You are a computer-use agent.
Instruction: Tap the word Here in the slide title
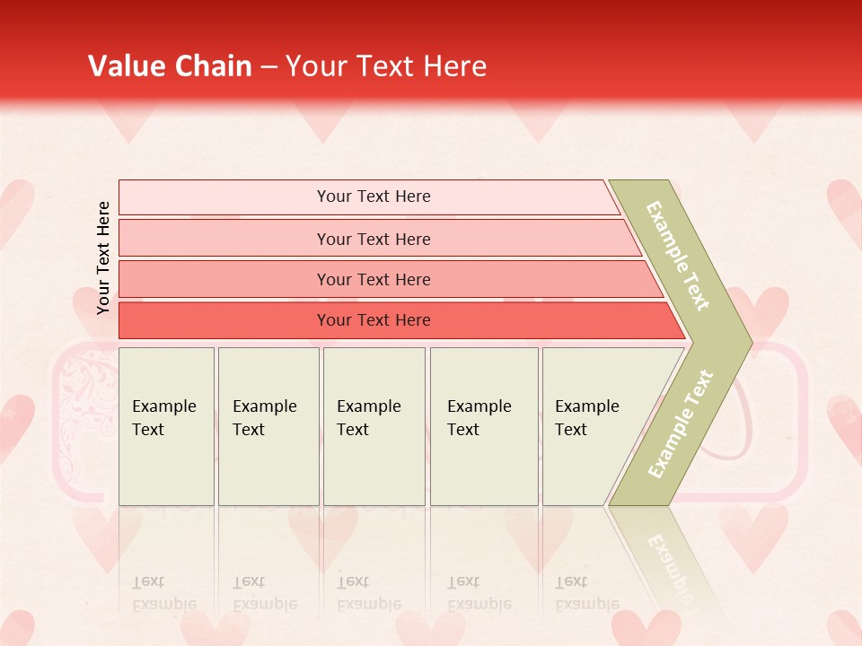tap(454, 66)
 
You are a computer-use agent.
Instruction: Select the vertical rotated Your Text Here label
tap(103, 258)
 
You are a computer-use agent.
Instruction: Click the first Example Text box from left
tap(166, 426)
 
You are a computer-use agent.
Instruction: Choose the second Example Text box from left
tap(268, 426)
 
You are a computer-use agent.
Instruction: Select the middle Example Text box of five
tap(374, 426)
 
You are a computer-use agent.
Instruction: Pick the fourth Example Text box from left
tap(484, 426)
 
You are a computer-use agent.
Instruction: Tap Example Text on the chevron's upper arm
tap(678, 256)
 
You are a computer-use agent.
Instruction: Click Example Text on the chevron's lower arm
tap(681, 423)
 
